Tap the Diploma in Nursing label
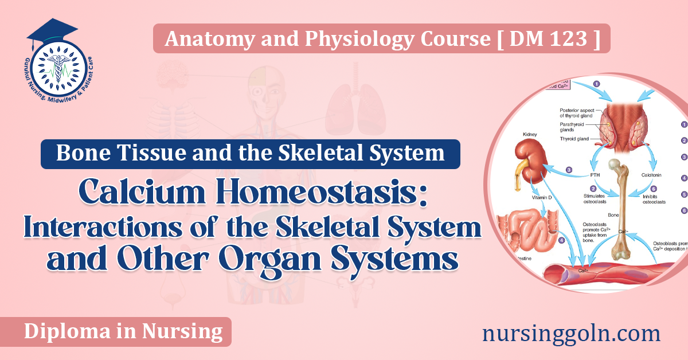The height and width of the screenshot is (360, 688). (123, 331)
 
